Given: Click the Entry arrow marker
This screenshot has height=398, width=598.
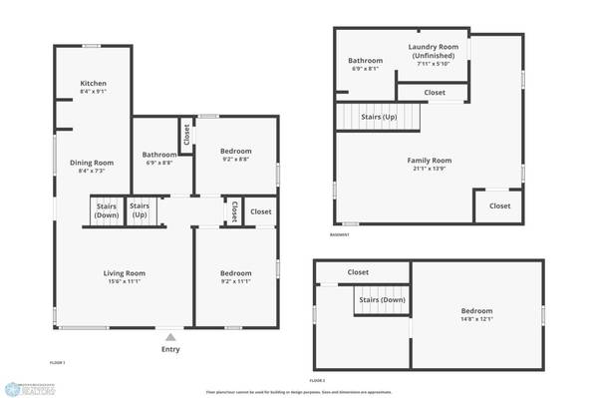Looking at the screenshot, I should [x=170, y=337].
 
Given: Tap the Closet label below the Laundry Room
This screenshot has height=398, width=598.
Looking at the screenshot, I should [x=435, y=93].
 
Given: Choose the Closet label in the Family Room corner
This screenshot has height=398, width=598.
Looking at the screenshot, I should [x=499, y=206].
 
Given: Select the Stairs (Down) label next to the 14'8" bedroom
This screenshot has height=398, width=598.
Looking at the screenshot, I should [x=380, y=299].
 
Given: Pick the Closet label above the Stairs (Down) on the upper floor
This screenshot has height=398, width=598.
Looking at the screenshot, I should [x=358, y=272].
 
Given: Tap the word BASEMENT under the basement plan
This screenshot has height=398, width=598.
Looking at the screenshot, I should [x=340, y=235].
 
